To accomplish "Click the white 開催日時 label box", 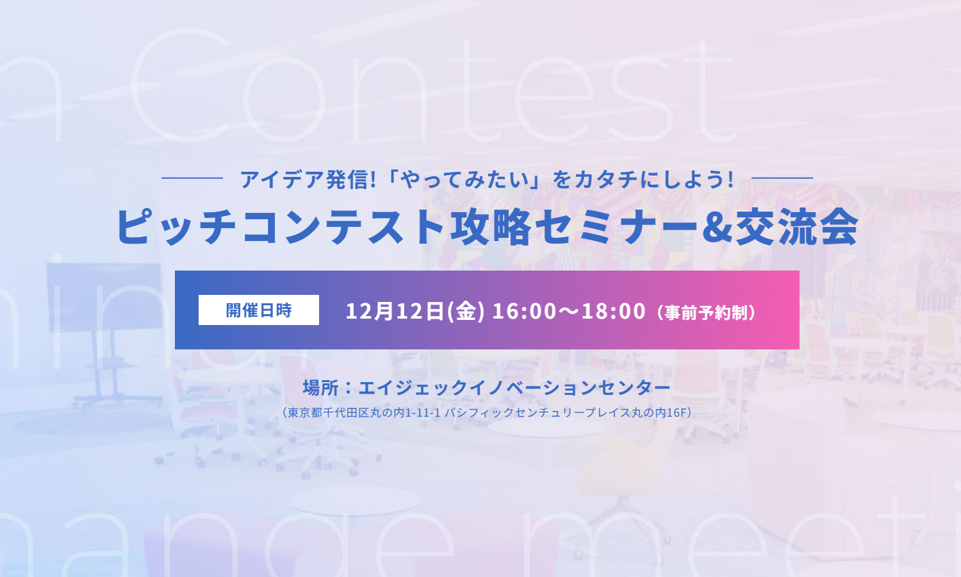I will click(x=258, y=310).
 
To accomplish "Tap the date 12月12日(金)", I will click(x=415, y=311).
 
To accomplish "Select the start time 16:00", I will click(x=524, y=311).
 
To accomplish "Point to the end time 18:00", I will click(x=613, y=311).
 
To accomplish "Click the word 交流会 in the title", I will click(x=796, y=228).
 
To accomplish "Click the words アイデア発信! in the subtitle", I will click(x=308, y=180).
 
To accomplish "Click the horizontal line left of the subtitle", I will click(x=192, y=178).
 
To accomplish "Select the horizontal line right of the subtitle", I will click(x=782, y=178).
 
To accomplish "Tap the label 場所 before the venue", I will click(x=320, y=388).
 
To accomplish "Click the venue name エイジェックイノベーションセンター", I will click(x=514, y=388).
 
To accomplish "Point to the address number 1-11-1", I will click(x=423, y=413).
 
